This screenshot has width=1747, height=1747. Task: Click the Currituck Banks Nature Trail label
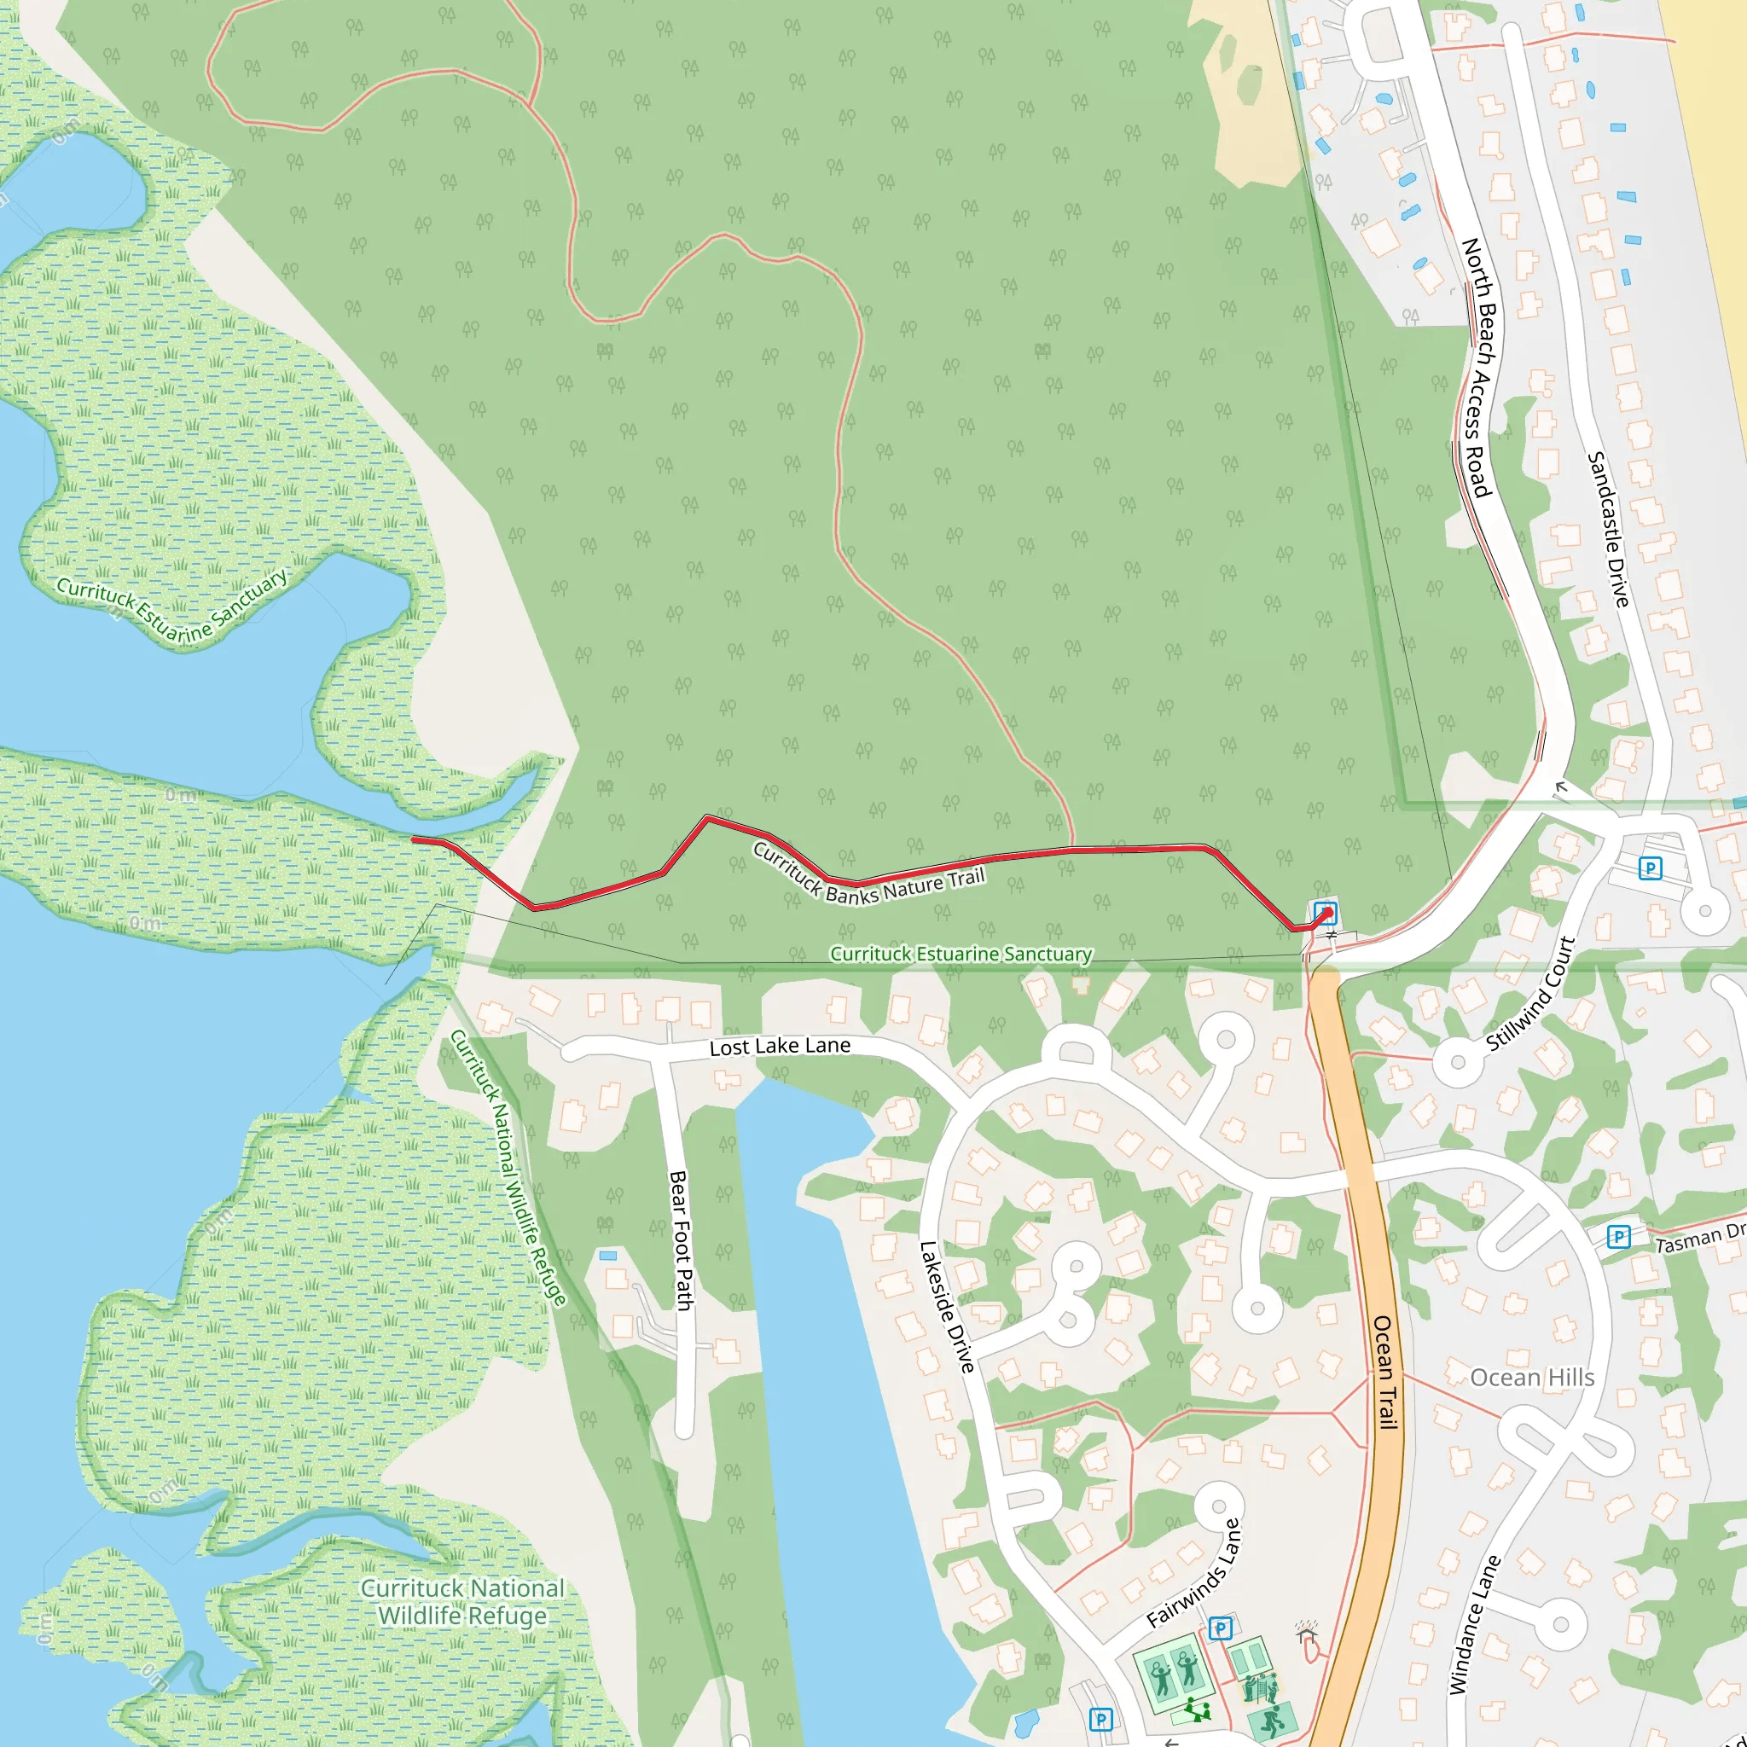point(868,873)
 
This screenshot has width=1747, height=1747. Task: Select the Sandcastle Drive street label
point(1609,529)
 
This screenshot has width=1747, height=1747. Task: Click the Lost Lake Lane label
point(780,1046)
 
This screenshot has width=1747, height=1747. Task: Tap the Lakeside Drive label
point(947,1307)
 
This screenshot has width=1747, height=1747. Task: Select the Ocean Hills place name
point(1532,1377)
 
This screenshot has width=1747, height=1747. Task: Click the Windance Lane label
point(1474,1623)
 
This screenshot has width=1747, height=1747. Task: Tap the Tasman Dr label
point(1699,1238)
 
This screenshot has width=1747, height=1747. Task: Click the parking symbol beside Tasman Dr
point(1618,1236)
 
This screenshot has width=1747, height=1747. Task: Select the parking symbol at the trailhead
point(1326,912)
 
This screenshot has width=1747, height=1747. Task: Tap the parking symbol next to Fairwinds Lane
point(1220,1628)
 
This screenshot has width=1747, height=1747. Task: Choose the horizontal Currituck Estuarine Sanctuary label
point(961,954)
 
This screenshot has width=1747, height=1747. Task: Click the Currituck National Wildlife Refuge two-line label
point(462,1601)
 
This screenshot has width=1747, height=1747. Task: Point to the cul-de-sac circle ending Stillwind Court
point(1457,1060)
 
